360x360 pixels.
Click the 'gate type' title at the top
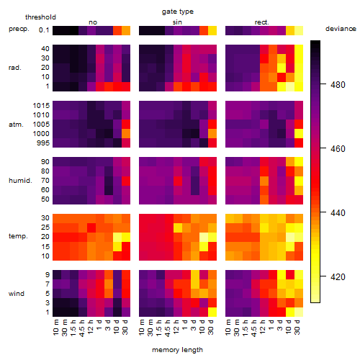coord(178,12)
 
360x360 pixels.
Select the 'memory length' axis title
coord(177,350)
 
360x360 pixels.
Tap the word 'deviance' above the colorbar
coord(341,29)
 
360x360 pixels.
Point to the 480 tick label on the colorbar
coord(338,85)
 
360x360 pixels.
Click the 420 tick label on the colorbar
coord(338,277)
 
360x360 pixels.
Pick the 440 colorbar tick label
coord(338,213)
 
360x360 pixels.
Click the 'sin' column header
coord(177,22)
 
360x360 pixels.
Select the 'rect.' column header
coord(262,22)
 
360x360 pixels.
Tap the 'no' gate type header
coord(93,22)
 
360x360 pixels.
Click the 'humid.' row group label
coord(20,181)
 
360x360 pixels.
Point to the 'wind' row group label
coord(17,294)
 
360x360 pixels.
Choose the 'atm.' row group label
coord(16,125)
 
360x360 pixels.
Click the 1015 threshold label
coord(41,106)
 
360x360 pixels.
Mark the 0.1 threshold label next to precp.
coord(44,30)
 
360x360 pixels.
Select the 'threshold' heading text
coord(40,17)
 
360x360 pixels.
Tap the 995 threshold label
coord(43,143)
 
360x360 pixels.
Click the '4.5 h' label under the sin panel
coord(168,328)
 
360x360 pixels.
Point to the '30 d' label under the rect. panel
coord(297,327)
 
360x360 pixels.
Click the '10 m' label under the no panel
coord(55,328)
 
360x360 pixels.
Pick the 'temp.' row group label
coord(18,236)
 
